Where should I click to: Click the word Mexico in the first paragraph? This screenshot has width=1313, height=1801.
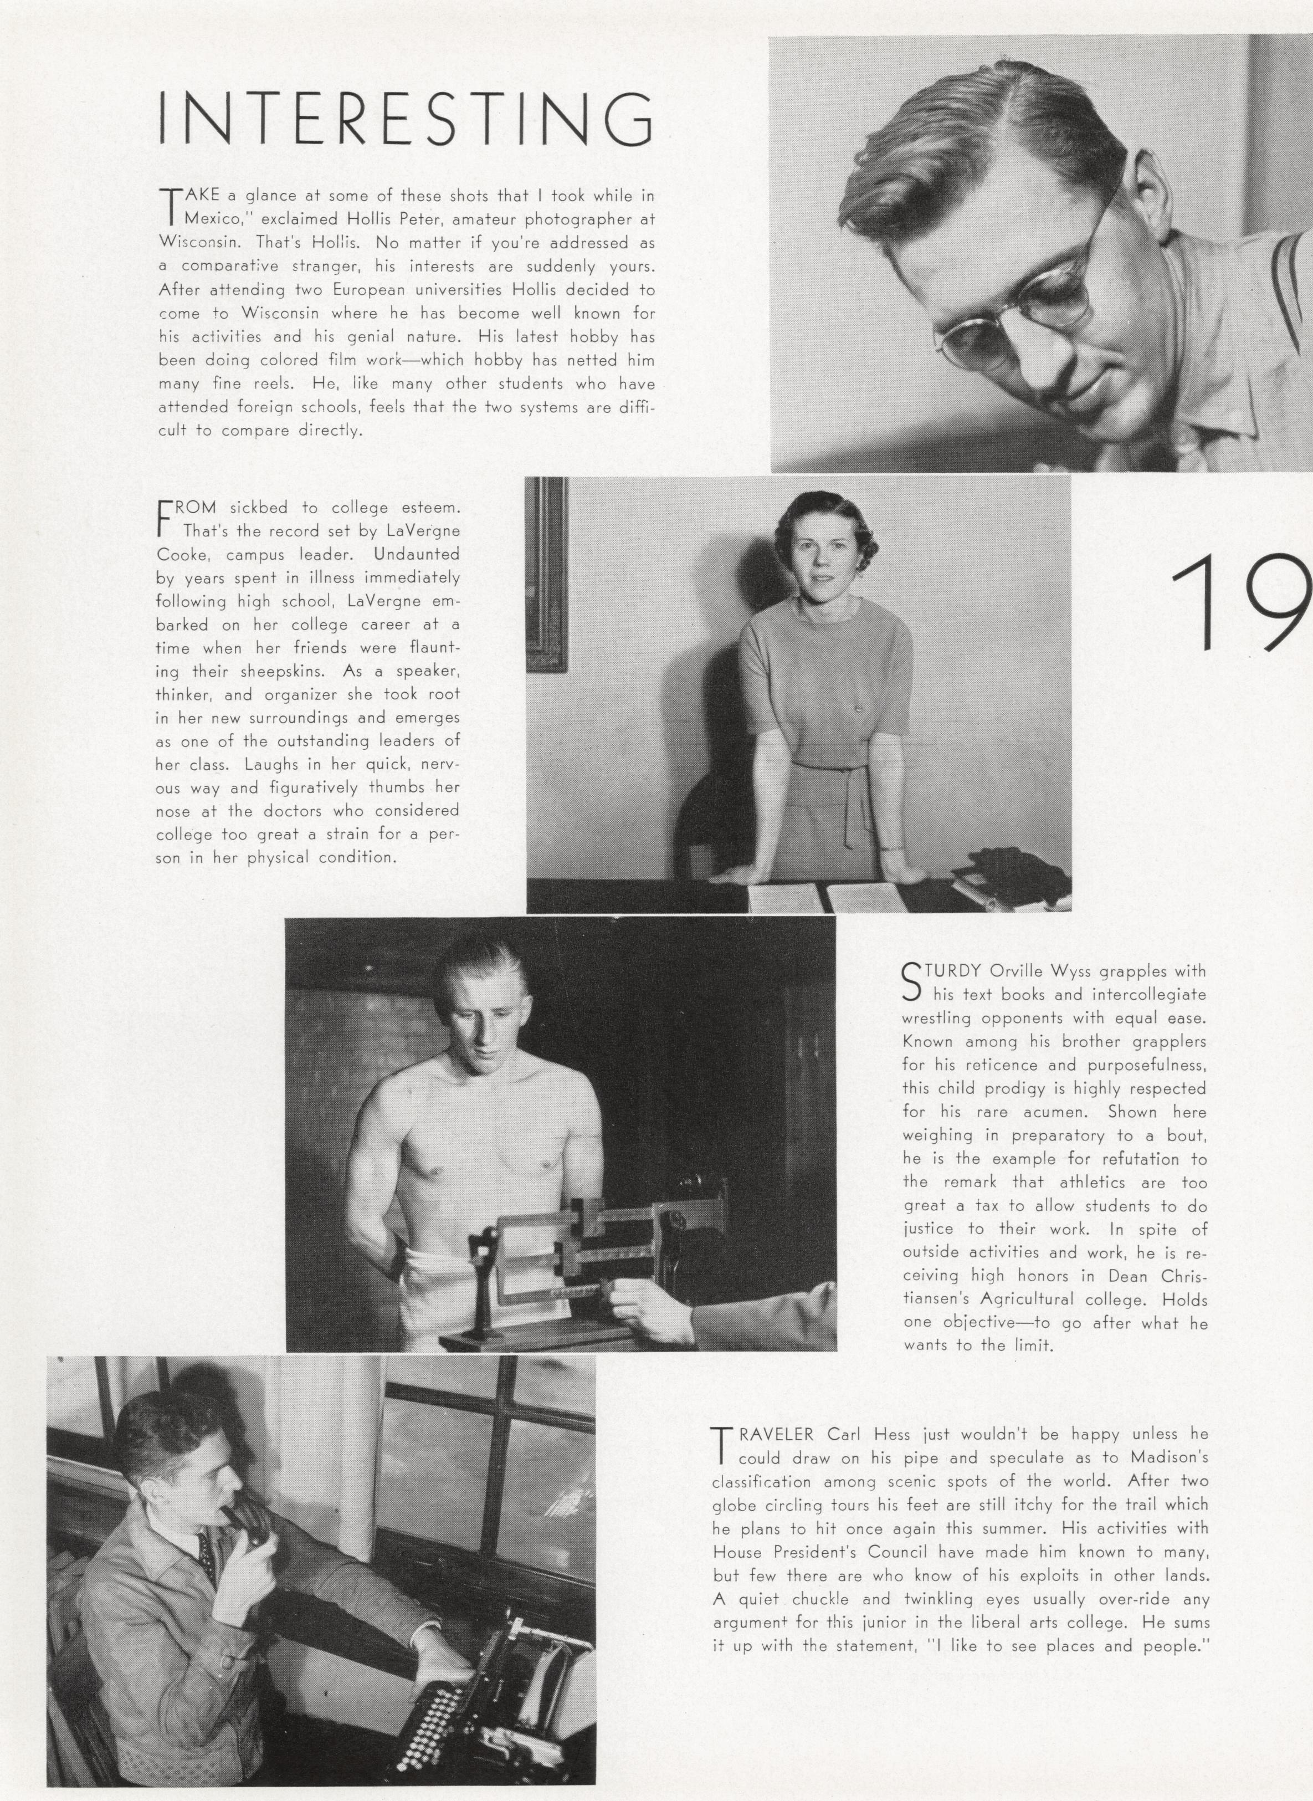(x=212, y=218)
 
